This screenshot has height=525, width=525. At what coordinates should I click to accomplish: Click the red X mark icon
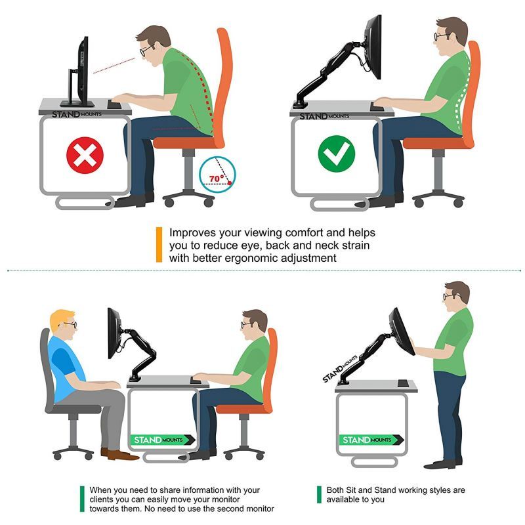pos(85,156)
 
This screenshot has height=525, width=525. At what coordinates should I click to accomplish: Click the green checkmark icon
pos(336,154)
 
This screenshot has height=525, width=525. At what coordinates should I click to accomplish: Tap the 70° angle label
pos(217,178)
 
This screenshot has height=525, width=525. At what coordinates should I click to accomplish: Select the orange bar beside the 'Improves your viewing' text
pos(159,245)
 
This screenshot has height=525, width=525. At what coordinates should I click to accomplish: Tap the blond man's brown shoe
pos(119,454)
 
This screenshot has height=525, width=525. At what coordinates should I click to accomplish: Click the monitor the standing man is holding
pos(401,331)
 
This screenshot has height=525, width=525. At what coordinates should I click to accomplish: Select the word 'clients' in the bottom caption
pos(99,499)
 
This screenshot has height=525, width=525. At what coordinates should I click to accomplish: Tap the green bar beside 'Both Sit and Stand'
pos(319,495)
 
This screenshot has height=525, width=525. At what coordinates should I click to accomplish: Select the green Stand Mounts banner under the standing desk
pos(371,440)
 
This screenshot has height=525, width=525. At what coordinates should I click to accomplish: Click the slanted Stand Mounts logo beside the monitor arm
pos(339,369)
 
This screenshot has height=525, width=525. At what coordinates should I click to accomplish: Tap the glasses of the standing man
pos(449,297)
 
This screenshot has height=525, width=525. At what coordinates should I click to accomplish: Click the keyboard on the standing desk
pos(403,383)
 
